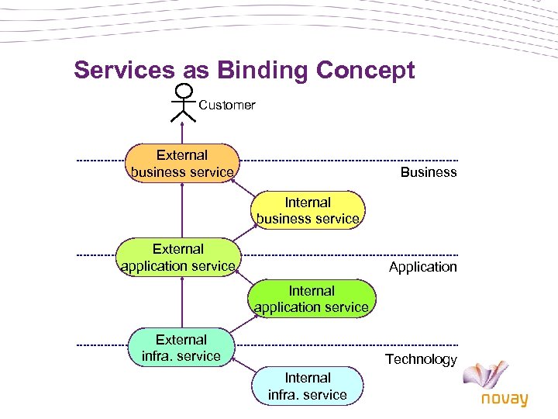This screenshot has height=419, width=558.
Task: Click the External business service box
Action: [182, 163]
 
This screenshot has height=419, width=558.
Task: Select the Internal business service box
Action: [308, 210]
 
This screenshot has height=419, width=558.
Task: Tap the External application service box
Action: [178, 258]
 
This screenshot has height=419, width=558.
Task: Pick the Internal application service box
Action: [312, 299]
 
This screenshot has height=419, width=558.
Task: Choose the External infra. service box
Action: [181, 348]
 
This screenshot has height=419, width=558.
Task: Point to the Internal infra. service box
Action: [308, 386]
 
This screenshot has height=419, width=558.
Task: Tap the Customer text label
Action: [227, 105]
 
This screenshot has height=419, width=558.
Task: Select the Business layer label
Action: [429, 172]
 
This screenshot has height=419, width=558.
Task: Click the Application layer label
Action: [423, 267]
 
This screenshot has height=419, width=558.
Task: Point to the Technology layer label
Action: [422, 359]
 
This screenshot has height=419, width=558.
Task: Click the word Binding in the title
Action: [265, 71]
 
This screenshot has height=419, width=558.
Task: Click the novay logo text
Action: [504, 399]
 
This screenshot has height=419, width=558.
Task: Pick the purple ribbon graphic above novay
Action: [489, 373]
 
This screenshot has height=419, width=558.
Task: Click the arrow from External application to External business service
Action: [183, 209]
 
